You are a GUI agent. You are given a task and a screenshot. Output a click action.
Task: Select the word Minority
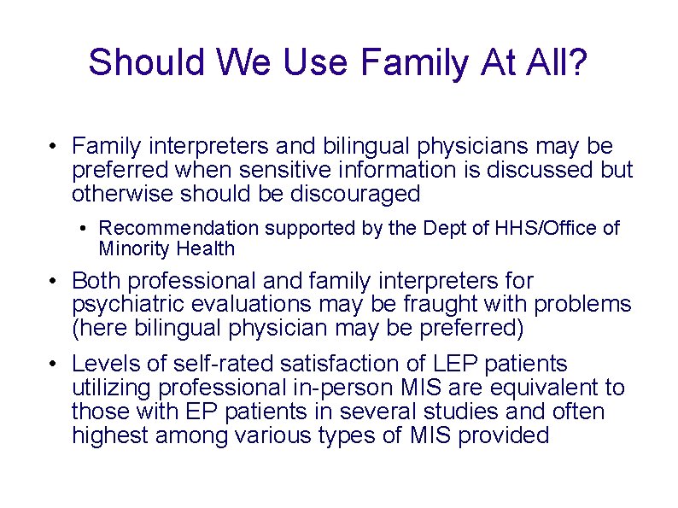click(x=134, y=249)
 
